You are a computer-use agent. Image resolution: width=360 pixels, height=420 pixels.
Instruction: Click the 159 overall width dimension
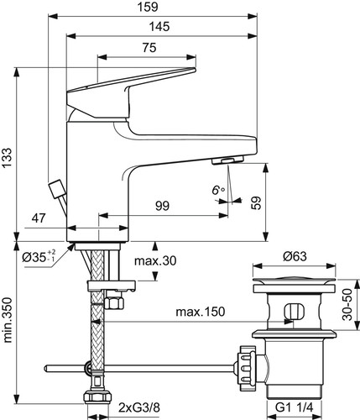148,7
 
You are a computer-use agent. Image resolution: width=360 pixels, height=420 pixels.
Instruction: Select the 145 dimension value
159,27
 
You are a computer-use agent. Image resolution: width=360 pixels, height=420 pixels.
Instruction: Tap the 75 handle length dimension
149,48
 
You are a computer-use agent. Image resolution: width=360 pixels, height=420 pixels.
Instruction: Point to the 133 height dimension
8,158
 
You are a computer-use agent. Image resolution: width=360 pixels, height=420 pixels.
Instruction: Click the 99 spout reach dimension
163,206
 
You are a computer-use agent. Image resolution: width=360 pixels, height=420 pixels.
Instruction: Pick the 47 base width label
39,218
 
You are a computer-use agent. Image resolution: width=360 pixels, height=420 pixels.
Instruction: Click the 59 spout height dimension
256,203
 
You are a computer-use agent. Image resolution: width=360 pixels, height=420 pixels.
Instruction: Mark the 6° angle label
218,191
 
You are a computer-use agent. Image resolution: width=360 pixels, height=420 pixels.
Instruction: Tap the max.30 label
155,261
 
